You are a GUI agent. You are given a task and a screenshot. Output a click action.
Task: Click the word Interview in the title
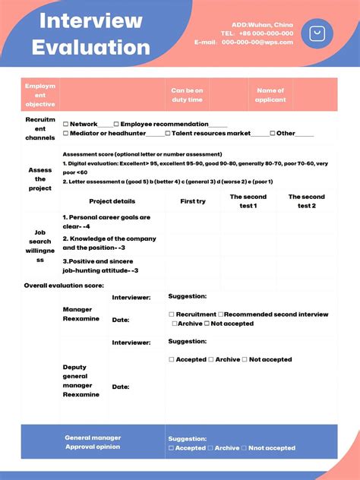tap(90, 21)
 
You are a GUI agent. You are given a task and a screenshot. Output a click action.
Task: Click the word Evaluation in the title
tap(90, 47)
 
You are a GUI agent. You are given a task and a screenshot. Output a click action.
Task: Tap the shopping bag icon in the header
tap(317, 33)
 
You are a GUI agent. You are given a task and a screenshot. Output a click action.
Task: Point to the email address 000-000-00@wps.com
tap(257, 43)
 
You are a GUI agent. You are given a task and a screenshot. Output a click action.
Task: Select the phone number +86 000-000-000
tap(267, 33)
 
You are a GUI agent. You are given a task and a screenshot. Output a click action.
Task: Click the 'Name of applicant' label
tap(270, 95)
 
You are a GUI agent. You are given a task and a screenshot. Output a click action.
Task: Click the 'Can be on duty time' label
tap(187, 95)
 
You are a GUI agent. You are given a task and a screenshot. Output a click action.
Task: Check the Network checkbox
tap(66, 124)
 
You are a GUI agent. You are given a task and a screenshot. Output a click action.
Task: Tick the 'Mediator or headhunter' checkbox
tap(66, 134)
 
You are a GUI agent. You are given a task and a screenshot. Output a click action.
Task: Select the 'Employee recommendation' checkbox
tap(116, 124)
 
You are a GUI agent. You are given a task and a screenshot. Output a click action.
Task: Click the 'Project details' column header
tap(112, 201)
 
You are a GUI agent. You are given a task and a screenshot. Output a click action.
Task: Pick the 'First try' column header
tap(193, 201)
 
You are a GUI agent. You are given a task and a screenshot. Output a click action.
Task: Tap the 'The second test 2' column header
tap(306, 201)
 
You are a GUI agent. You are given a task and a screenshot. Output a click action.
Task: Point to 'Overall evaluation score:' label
tap(64, 286)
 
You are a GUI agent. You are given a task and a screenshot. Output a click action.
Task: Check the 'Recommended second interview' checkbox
tap(220, 314)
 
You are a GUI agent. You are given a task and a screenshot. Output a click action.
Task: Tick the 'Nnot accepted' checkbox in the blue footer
tap(244, 448)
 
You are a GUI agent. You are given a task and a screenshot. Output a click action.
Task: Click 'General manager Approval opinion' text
tap(93, 442)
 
